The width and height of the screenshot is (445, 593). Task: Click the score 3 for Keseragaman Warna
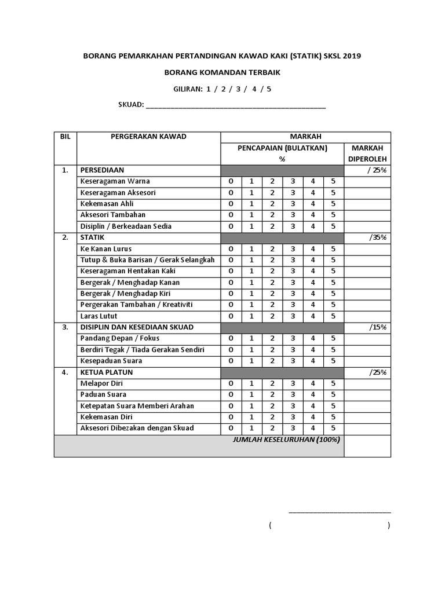293,181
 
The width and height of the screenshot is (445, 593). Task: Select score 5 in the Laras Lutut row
333,316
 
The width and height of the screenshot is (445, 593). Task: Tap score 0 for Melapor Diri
231,383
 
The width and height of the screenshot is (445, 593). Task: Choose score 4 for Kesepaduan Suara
313,361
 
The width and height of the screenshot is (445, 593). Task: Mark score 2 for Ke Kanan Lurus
272,249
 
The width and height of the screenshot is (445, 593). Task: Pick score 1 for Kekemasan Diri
251,417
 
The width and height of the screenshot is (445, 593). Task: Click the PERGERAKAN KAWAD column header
148,137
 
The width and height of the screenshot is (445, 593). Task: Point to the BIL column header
65,137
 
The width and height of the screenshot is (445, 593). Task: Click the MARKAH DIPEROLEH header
367,153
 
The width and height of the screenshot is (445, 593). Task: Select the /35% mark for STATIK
378,237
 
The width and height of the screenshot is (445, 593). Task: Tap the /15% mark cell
378,327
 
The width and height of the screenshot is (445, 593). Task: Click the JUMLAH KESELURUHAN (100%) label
286,440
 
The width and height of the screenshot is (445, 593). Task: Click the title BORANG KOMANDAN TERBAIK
222,72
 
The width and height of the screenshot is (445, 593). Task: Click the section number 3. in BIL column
65,327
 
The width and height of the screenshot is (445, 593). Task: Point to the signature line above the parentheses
340,512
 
